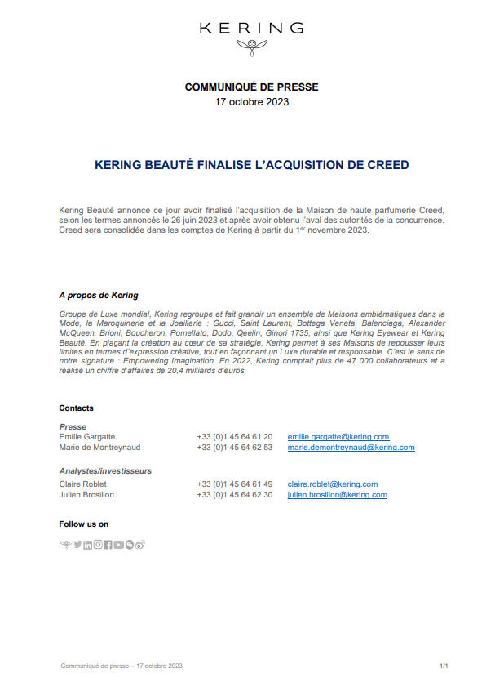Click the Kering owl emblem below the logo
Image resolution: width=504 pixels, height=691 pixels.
click(x=251, y=47)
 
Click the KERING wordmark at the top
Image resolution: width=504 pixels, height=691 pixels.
click(x=251, y=28)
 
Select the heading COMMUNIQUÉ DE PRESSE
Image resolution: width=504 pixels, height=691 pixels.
click(x=251, y=87)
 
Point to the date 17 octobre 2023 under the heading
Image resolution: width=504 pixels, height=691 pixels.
click(x=251, y=102)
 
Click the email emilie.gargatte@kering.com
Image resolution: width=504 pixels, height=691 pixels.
click(x=338, y=437)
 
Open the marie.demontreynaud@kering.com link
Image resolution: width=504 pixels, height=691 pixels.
click(x=351, y=448)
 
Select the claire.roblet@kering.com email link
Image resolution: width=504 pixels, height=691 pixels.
click(x=333, y=484)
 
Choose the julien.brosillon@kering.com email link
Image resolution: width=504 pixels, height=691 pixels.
click(x=337, y=495)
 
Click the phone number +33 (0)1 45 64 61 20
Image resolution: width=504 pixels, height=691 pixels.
click(x=235, y=437)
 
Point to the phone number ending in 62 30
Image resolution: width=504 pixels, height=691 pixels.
click(x=235, y=495)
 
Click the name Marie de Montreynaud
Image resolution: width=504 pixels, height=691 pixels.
click(x=99, y=448)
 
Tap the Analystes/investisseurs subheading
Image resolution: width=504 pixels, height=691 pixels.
click(x=105, y=471)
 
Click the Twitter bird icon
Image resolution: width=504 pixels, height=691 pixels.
click(x=77, y=545)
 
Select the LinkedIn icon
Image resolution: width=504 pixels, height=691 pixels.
click(x=88, y=545)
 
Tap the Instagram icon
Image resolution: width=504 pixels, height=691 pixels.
click(x=98, y=545)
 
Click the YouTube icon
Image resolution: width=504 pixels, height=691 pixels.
click(x=119, y=545)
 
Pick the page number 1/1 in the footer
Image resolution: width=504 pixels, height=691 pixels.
click(x=444, y=666)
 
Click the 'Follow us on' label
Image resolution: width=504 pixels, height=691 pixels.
click(x=83, y=524)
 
